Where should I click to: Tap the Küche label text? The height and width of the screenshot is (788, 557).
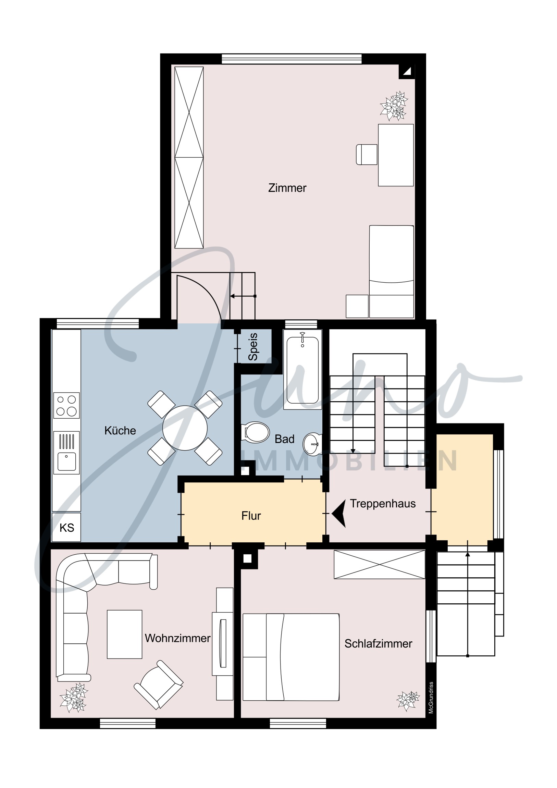(x=120, y=430)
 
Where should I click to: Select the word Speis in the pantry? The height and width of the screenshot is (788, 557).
(x=253, y=347)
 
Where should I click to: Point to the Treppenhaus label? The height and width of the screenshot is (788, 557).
(x=383, y=504)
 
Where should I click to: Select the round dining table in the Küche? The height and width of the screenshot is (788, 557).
(x=185, y=428)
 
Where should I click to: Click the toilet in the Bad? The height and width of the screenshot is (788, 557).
(x=255, y=432)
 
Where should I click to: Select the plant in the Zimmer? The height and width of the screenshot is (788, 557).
(x=394, y=106)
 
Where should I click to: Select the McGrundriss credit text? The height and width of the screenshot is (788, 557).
(x=431, y=698)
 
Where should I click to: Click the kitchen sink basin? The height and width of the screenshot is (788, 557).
(x=66, y=461)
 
